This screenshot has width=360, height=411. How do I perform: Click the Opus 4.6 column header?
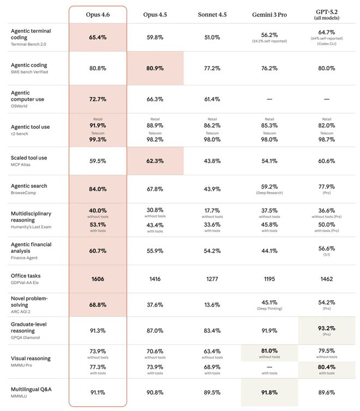point(98,14)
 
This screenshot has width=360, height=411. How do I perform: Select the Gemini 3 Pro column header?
point(269,14)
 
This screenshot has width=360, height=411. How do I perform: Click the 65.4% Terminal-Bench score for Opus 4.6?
point(98,38)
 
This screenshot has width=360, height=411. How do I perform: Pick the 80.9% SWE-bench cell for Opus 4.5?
point(155,69)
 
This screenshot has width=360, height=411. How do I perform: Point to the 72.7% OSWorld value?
point(98,99)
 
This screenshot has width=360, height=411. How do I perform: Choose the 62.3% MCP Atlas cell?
point(155,161)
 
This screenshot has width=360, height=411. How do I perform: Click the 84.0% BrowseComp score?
point(98,189)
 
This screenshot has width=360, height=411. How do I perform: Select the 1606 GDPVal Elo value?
point(98,279)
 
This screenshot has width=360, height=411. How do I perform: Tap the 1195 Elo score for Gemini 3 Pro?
point(269,279)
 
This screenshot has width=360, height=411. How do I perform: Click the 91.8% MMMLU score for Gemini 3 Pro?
point(269,391)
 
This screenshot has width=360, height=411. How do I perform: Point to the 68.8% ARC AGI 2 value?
point(98,305)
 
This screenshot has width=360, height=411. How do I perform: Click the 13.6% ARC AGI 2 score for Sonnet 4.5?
point(212,305)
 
